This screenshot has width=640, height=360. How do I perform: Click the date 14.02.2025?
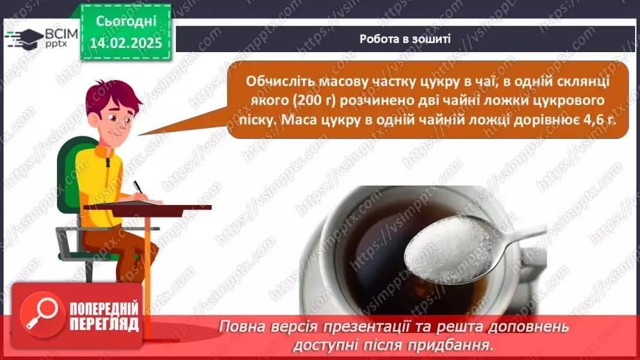pyautogui.click(x=126, y=43)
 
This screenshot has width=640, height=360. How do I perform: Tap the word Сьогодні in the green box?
pyautogui.click(x=126, y=21)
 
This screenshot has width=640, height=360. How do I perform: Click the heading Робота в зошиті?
pyautogui.click(x=405, y=39)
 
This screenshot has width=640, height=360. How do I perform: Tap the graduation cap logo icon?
pyautogui.click(x=25, y=39)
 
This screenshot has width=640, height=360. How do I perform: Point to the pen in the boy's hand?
pyautogui.click(x=138, y=187)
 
